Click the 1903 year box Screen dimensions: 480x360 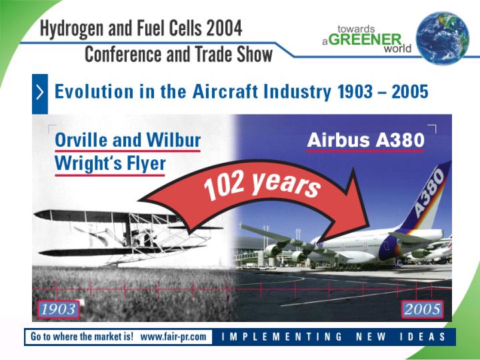tap(59, 309)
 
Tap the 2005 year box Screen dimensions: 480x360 tap(423, 309)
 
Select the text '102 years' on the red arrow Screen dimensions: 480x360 tap(262, 185)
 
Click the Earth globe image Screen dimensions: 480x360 tap(443, 38)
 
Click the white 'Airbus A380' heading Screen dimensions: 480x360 tap(365, 140)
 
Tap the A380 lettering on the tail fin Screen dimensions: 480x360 tap(430, 193)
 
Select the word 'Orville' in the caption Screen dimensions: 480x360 tap(81, 140)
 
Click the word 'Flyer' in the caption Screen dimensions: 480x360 tap(146, 164)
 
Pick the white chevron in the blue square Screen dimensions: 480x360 tap(40, 93)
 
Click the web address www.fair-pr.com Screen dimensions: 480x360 tap(173, 337)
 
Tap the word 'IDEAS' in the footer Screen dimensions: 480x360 tap(423, 337)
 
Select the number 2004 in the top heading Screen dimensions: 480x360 tap(224, 28)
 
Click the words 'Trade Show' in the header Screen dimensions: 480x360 tap(233, 54)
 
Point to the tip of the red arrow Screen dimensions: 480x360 tap(369, 226)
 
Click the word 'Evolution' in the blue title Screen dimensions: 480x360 tap(94, 91)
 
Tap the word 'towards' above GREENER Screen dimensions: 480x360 tap(356, 29)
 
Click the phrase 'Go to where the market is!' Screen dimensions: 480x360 tap(82, 337)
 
